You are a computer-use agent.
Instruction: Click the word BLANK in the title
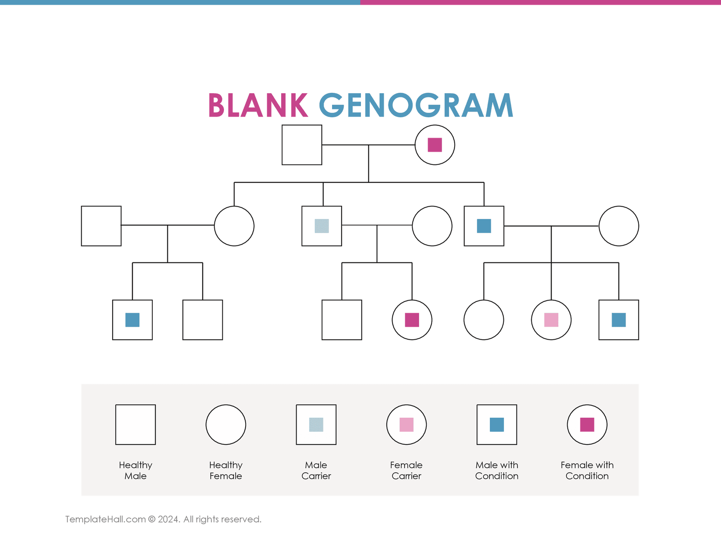pos(257,105)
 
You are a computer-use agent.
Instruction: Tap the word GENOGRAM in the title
pos(416,105)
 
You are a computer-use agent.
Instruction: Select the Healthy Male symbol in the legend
pos(136,425)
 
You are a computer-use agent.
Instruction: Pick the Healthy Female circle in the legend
pos(226,425)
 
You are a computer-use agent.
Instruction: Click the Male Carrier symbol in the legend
pos(316,425)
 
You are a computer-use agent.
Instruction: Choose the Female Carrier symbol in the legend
pos(406,425)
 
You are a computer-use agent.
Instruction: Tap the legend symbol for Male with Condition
pos(497,425)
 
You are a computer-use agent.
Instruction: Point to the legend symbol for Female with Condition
pos(587,425)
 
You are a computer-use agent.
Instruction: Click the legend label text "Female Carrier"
pos(406,470)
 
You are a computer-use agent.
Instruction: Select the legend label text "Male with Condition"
pos(497,470)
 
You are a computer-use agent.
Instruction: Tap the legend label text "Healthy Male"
pos(136,470)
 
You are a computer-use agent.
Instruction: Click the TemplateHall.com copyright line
pos(163,519)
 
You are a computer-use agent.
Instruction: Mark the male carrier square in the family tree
pos(322,226)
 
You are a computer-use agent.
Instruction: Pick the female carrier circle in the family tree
pos(551,320)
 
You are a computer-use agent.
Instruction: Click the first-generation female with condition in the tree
pos(435,145)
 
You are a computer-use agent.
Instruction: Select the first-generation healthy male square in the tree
pos(302,145)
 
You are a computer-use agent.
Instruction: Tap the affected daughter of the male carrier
pos(412,320)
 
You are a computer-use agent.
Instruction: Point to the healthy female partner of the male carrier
pos(432,226)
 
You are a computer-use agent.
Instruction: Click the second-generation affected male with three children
pos(484,226)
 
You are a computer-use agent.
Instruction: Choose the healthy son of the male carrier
pos(342,320)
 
